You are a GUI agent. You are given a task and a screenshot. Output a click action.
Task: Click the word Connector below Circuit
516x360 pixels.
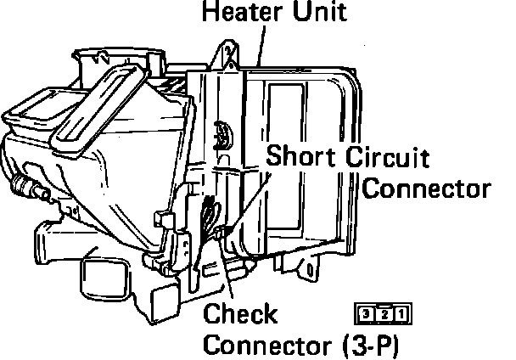[426, 188]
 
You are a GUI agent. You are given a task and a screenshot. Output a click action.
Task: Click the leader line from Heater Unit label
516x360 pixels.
[259, 42]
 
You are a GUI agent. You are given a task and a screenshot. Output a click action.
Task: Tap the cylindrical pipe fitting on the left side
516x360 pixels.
[26, 184]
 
